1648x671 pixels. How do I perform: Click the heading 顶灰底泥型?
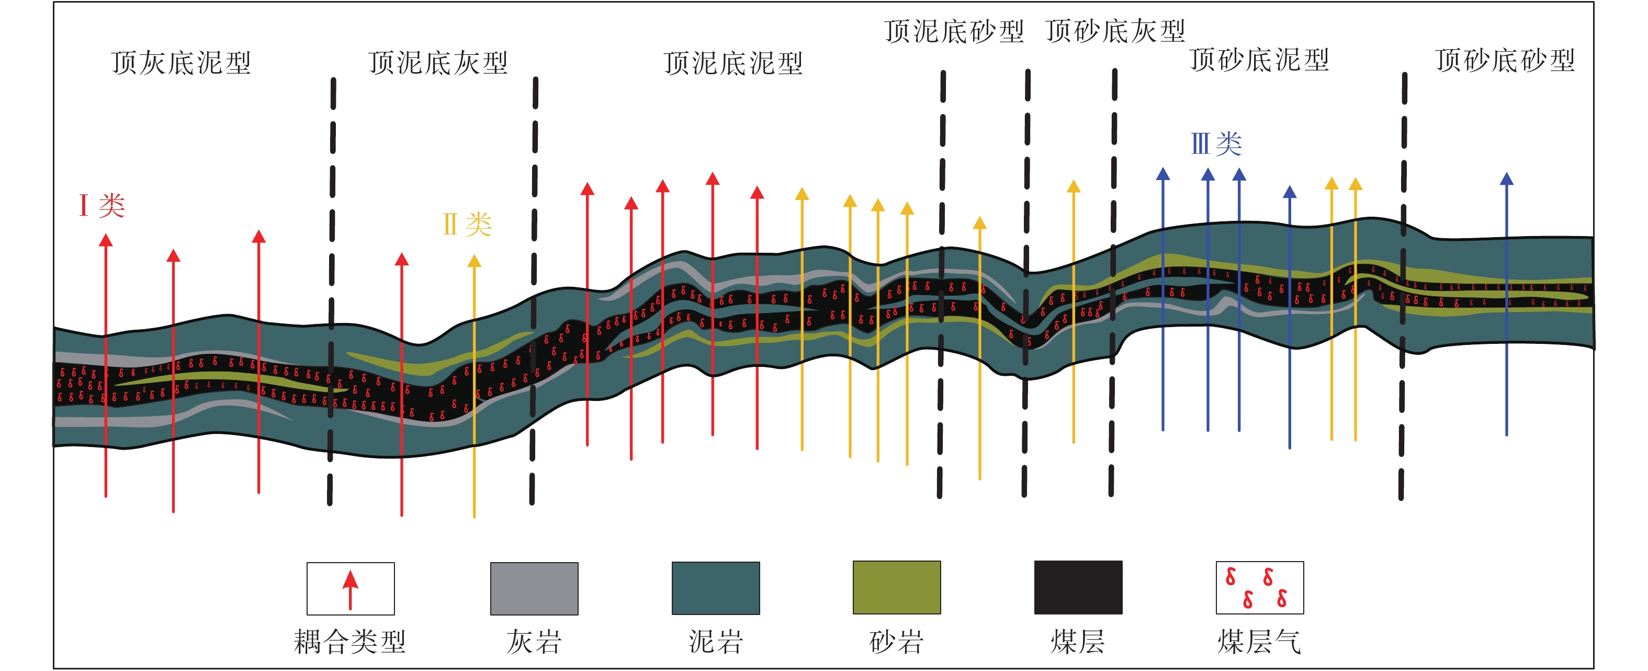[x=181, y=63]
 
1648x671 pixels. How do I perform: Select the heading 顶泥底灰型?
[x=438, y=63]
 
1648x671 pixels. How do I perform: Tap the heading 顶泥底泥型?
[x=733, y=63]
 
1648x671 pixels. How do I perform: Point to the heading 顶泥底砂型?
[x=954, y=31]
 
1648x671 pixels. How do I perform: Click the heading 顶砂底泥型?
[x=1260, y=60]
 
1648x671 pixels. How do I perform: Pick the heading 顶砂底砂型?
[x=1505, y=60]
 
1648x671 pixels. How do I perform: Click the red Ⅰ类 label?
[x=101, y=206]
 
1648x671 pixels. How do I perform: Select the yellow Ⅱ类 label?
[x=467, y=225]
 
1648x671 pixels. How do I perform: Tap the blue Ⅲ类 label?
[x=1216, y=143]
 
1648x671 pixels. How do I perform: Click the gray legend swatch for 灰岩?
[x=534, y=588]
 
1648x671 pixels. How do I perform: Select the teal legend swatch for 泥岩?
[x=715, y=588]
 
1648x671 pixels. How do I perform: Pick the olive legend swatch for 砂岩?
[x=896, y=588]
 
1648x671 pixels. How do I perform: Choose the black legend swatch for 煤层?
[x=1078, y=588]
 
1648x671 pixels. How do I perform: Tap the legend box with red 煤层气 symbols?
[x=1259, y=588]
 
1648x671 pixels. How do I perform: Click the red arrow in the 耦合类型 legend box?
[x=350, y=588]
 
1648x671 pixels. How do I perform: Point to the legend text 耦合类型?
[x=349, y=642]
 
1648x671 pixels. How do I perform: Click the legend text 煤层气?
[x=1259, y=642]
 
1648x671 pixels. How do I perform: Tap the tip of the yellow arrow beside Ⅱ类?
[x=474, y=261]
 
